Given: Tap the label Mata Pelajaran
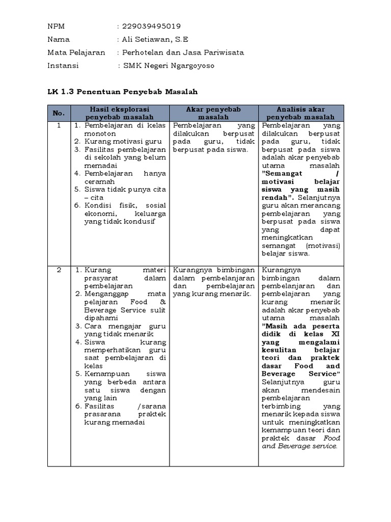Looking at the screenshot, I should pyautogui.click(x=76, y=53).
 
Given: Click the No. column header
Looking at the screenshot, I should pyautogui.click(x=59, y=113).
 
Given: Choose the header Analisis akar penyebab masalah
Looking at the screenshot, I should pyautogui.click(x=301, y=113).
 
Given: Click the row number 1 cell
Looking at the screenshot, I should pyautogui.click(x=59, y=125).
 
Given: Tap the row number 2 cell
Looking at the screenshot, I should pyautogui.click(x=59, y=270).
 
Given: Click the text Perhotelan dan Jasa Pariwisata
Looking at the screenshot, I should pyautogui.click(x=180, y=53).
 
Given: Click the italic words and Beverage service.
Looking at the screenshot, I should pyautogui.click(x=299, y=446).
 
